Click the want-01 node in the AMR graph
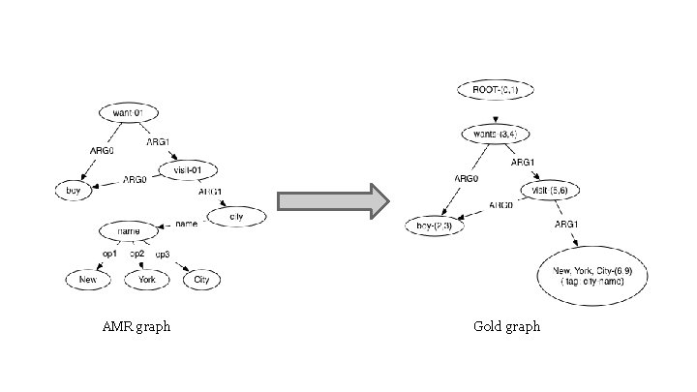coord(128,113)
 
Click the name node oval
coord(130,232)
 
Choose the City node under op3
coord(201,280)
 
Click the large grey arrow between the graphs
coord(333,201)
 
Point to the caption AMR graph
coord(136,327)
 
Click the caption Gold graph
coord(506,327)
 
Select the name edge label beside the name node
coord(186,225)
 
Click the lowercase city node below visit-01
coord(237,216)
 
